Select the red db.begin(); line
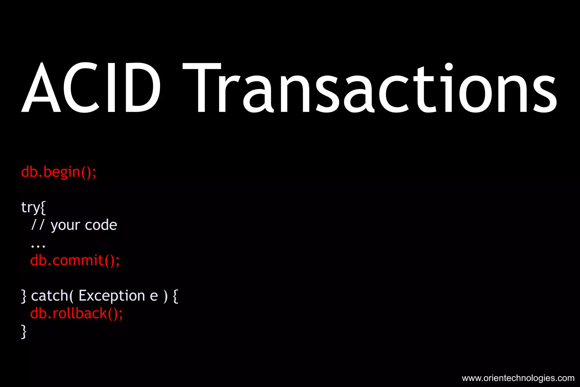click(59, 172)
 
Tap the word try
click(30, 207)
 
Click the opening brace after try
click(43, 208)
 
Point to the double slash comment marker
click(38, 225)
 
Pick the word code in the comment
click(101, 225)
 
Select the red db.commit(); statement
click(75, 260)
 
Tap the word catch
click(50, 296)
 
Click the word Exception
click(112, 296)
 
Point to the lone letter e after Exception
click(154, 297)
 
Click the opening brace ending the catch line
click(176, 296)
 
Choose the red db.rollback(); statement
click(76, 314)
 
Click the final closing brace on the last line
click(24, 331)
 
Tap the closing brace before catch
click(24, 296)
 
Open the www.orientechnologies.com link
click(518, 378)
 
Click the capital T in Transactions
click(202, 88)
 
